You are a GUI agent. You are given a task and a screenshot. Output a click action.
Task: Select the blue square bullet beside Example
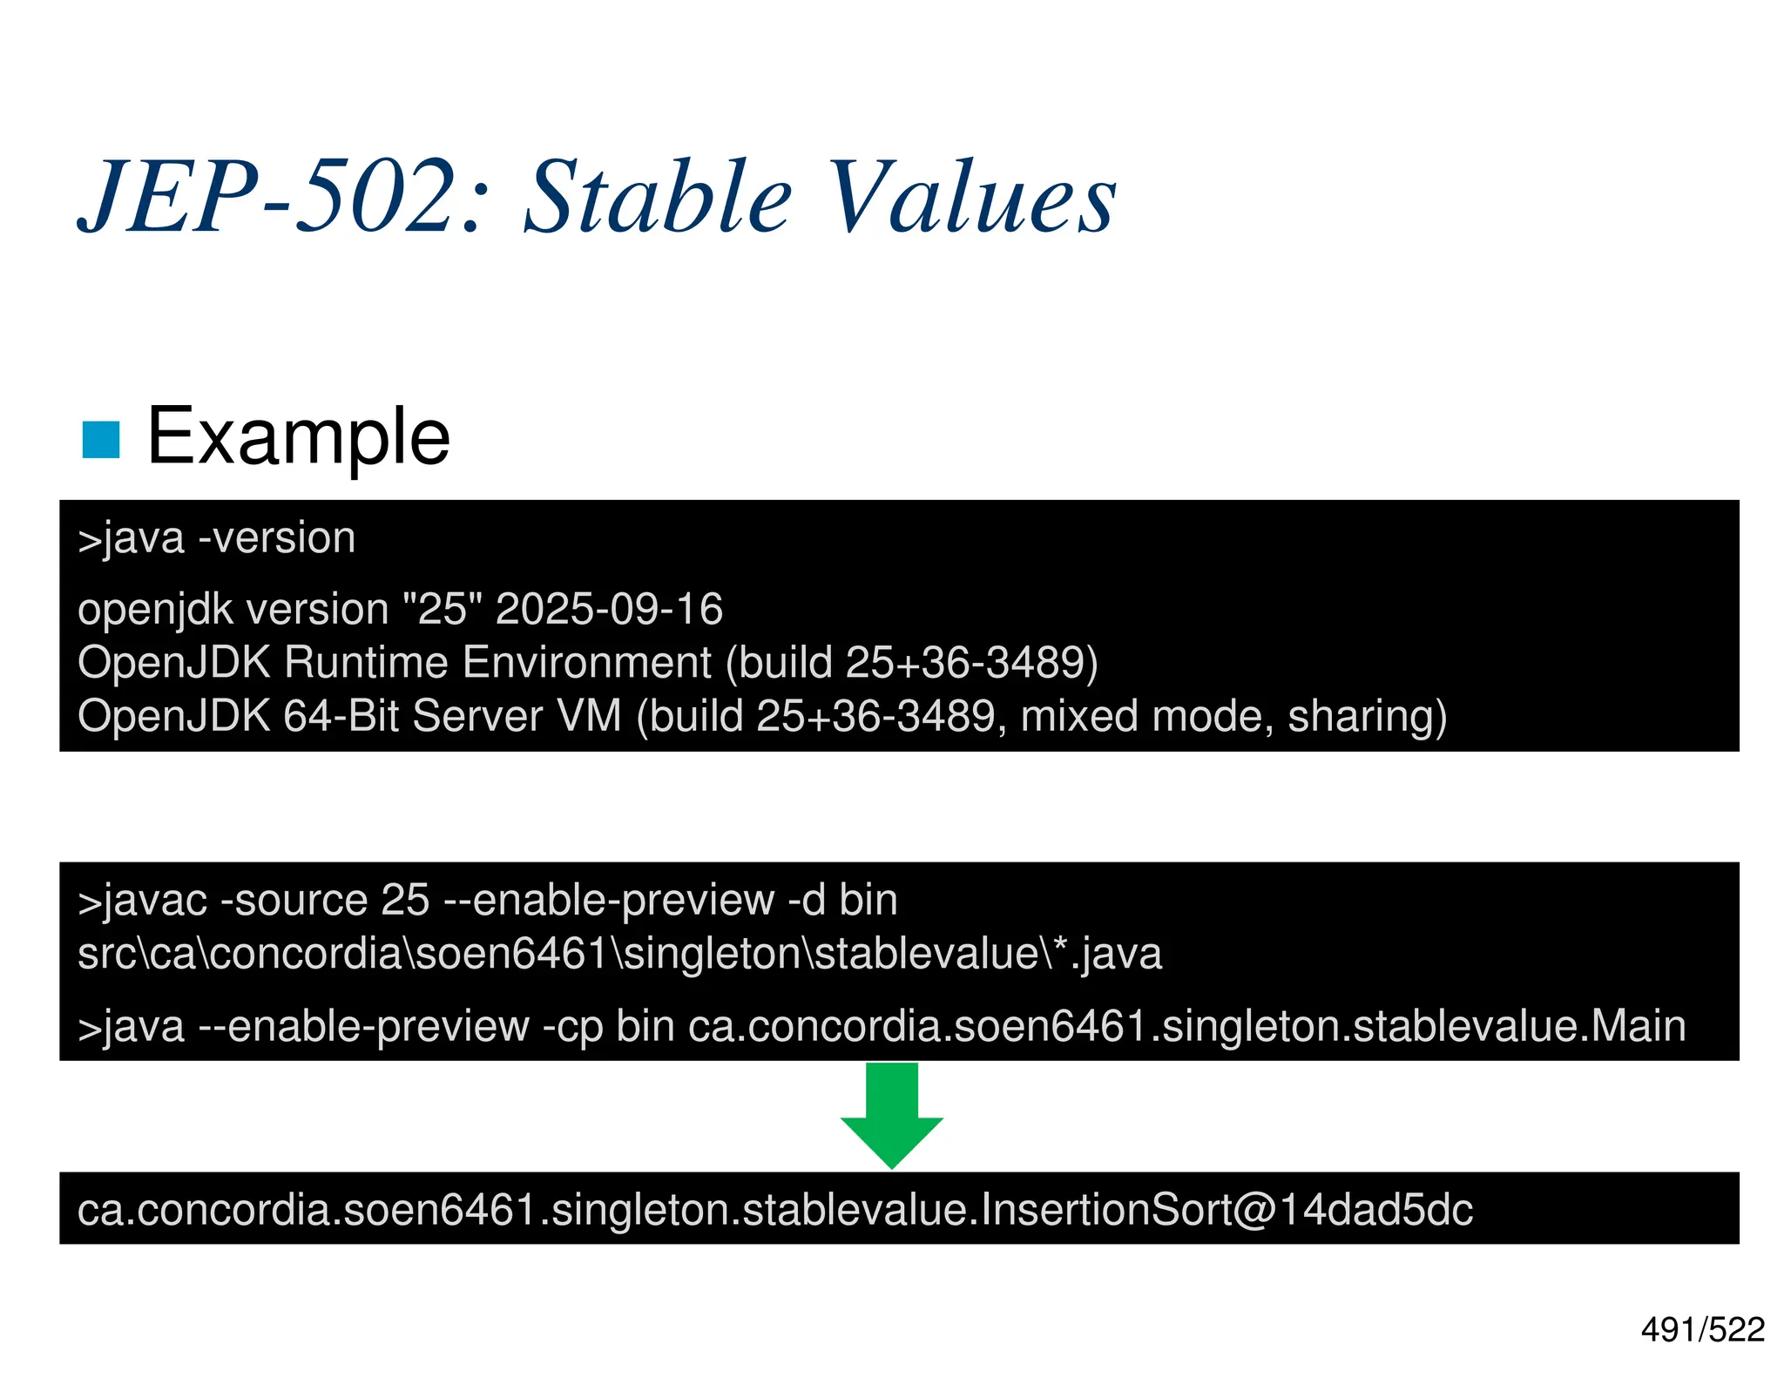pos(100,440)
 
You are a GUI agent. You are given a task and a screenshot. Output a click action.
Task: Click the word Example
pos(298,436)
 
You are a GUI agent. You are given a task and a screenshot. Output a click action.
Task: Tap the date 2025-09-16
pos(609,609)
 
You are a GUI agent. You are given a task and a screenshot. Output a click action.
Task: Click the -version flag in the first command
pos(277,538)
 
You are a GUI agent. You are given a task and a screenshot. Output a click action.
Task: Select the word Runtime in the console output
pos(367,663)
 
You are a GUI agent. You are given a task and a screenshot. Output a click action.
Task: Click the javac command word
pos(154,901)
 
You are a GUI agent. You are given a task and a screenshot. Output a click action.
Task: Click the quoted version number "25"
pos(443,609)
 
